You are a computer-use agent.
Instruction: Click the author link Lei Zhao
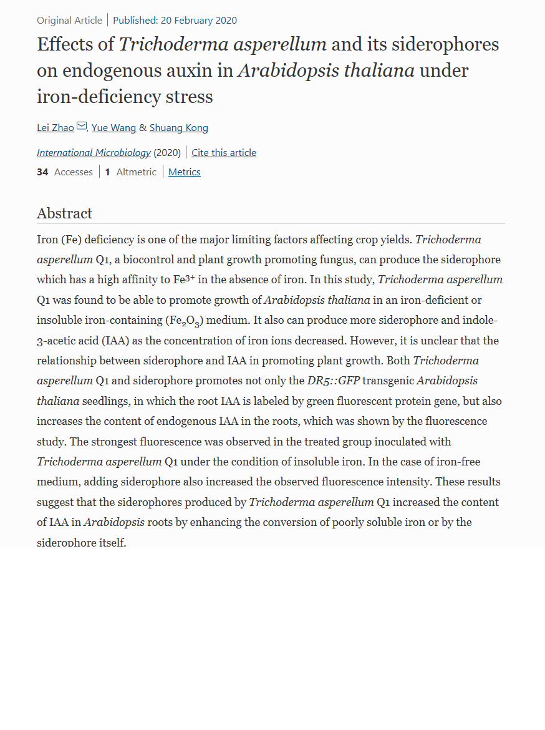coord(55,128)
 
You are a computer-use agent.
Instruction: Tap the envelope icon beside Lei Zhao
coord(82,127)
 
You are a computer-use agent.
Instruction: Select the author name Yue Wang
coord(113,128)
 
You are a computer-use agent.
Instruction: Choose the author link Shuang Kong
coord(179,128)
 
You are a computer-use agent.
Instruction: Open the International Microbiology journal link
coord(94,153)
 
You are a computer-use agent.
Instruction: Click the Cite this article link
coord(224,153)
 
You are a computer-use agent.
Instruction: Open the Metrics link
coord(185,172)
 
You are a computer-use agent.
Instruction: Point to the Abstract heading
coord(64,213)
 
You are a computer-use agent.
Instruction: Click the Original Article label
coord(69,21)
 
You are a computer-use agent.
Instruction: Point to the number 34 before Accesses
coord(42,172)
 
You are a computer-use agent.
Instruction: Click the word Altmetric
coord(137,172)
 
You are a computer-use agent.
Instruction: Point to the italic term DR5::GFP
coord(334,381)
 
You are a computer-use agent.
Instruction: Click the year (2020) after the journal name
coord(167,153)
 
